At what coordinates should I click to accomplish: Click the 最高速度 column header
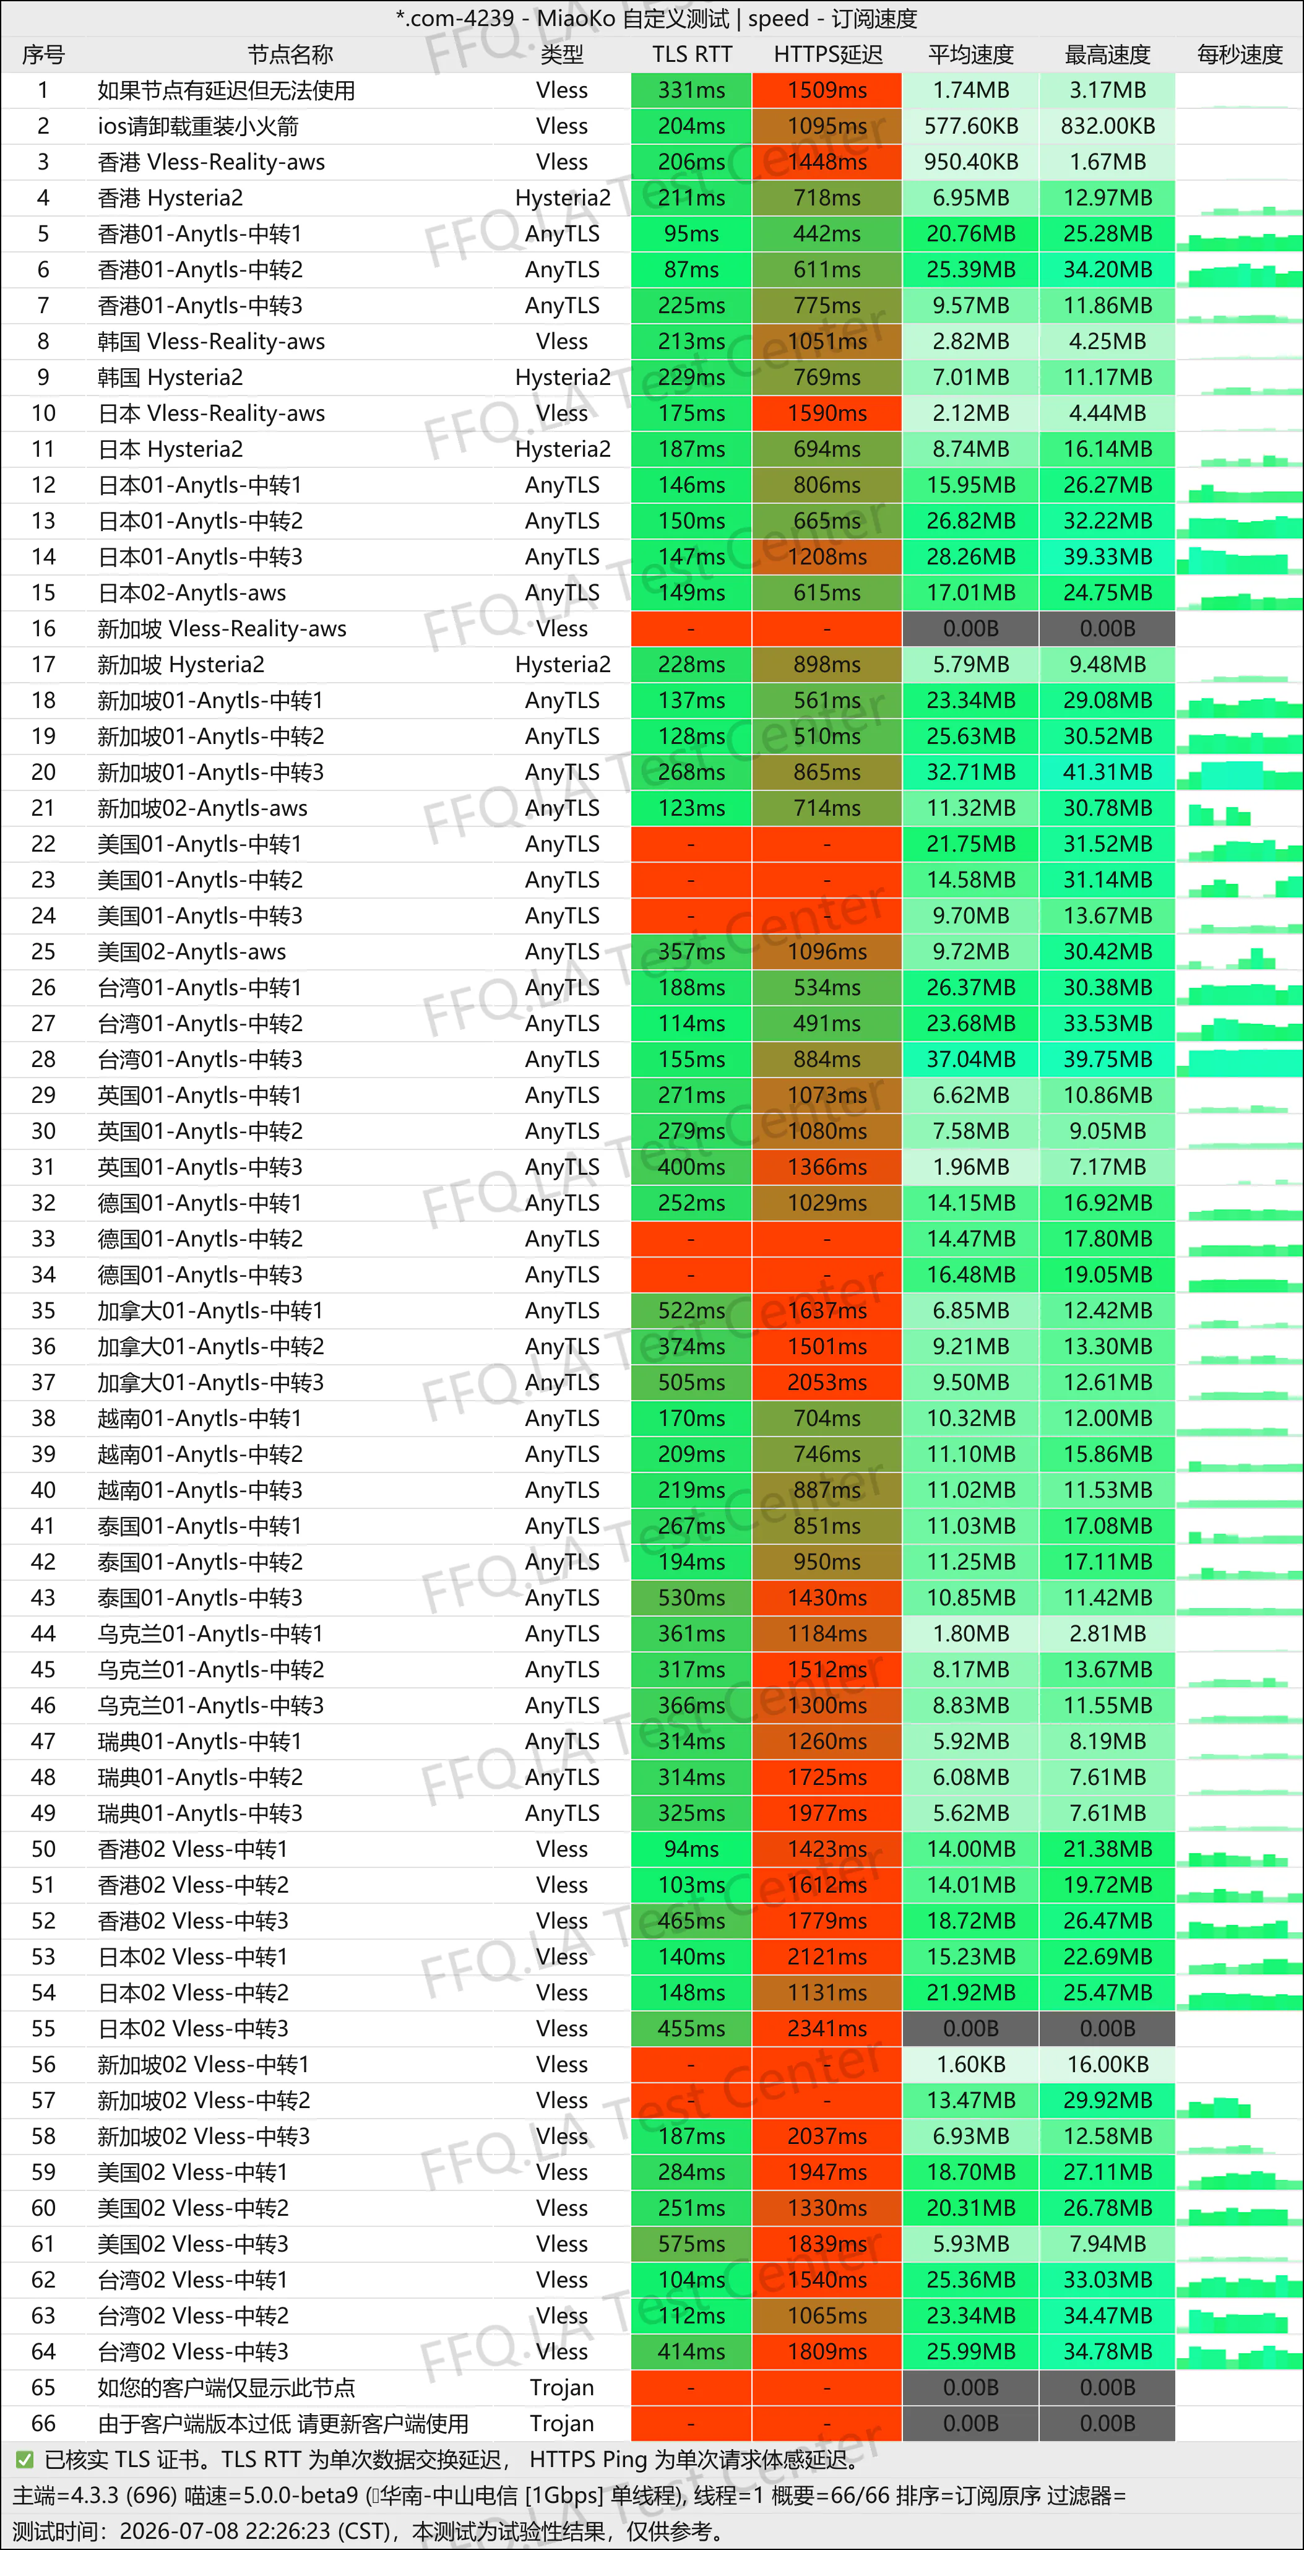(1107, 54)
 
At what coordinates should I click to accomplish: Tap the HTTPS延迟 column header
(827, 54)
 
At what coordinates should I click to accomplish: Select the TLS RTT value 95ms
(691, 233)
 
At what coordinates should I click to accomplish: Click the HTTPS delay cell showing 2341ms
(827, 2028)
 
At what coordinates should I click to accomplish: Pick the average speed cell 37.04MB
(970, 1059)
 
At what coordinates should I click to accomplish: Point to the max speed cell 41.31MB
(1107, 772)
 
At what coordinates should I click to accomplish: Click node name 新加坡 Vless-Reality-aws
(222, 629)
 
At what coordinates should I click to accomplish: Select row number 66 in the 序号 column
(43, 2423)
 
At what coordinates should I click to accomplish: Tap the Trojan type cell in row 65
(561, 2388)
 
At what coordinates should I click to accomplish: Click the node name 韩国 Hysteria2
(170, 377)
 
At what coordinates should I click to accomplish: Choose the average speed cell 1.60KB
(970, 2064)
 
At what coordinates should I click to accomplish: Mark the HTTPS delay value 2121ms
(827, 1956)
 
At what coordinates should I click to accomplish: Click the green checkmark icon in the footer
(25, 2459)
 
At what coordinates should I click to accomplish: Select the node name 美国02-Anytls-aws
(191, 951)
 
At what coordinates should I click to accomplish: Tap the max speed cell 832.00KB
(1107, 126)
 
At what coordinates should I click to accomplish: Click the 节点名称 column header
(290, 54)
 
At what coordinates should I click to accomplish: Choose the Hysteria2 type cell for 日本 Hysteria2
(563, 449)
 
